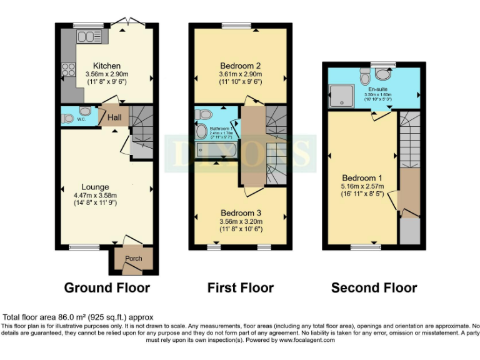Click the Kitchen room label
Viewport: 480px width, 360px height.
coord(107,66)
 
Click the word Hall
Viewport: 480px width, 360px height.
coord(114,117)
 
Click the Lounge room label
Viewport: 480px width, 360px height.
coord(95,186)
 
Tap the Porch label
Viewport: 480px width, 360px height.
coord(134,258)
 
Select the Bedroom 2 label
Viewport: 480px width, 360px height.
coord(240,66)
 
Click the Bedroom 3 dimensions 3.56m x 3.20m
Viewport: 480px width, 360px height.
coord(240,221)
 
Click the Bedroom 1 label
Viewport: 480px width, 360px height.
coord(362,177)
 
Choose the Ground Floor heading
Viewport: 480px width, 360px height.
coord(107,287)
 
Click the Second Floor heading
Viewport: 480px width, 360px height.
coord(374,287)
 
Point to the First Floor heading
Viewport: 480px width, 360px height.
coord(240,287)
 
